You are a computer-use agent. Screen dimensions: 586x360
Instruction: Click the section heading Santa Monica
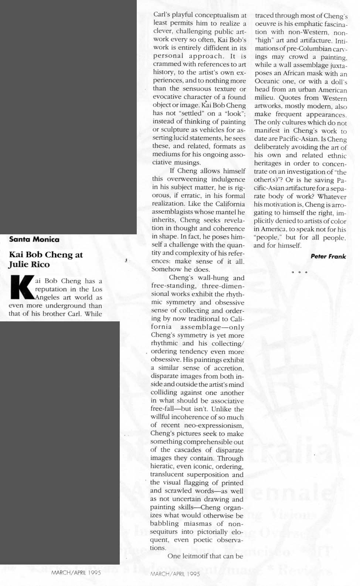(34, 239)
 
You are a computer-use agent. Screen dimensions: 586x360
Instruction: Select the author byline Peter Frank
(328, 256)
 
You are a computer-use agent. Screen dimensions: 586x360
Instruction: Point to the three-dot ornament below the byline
(299, 272)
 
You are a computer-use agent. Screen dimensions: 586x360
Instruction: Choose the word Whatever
(332, 196)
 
